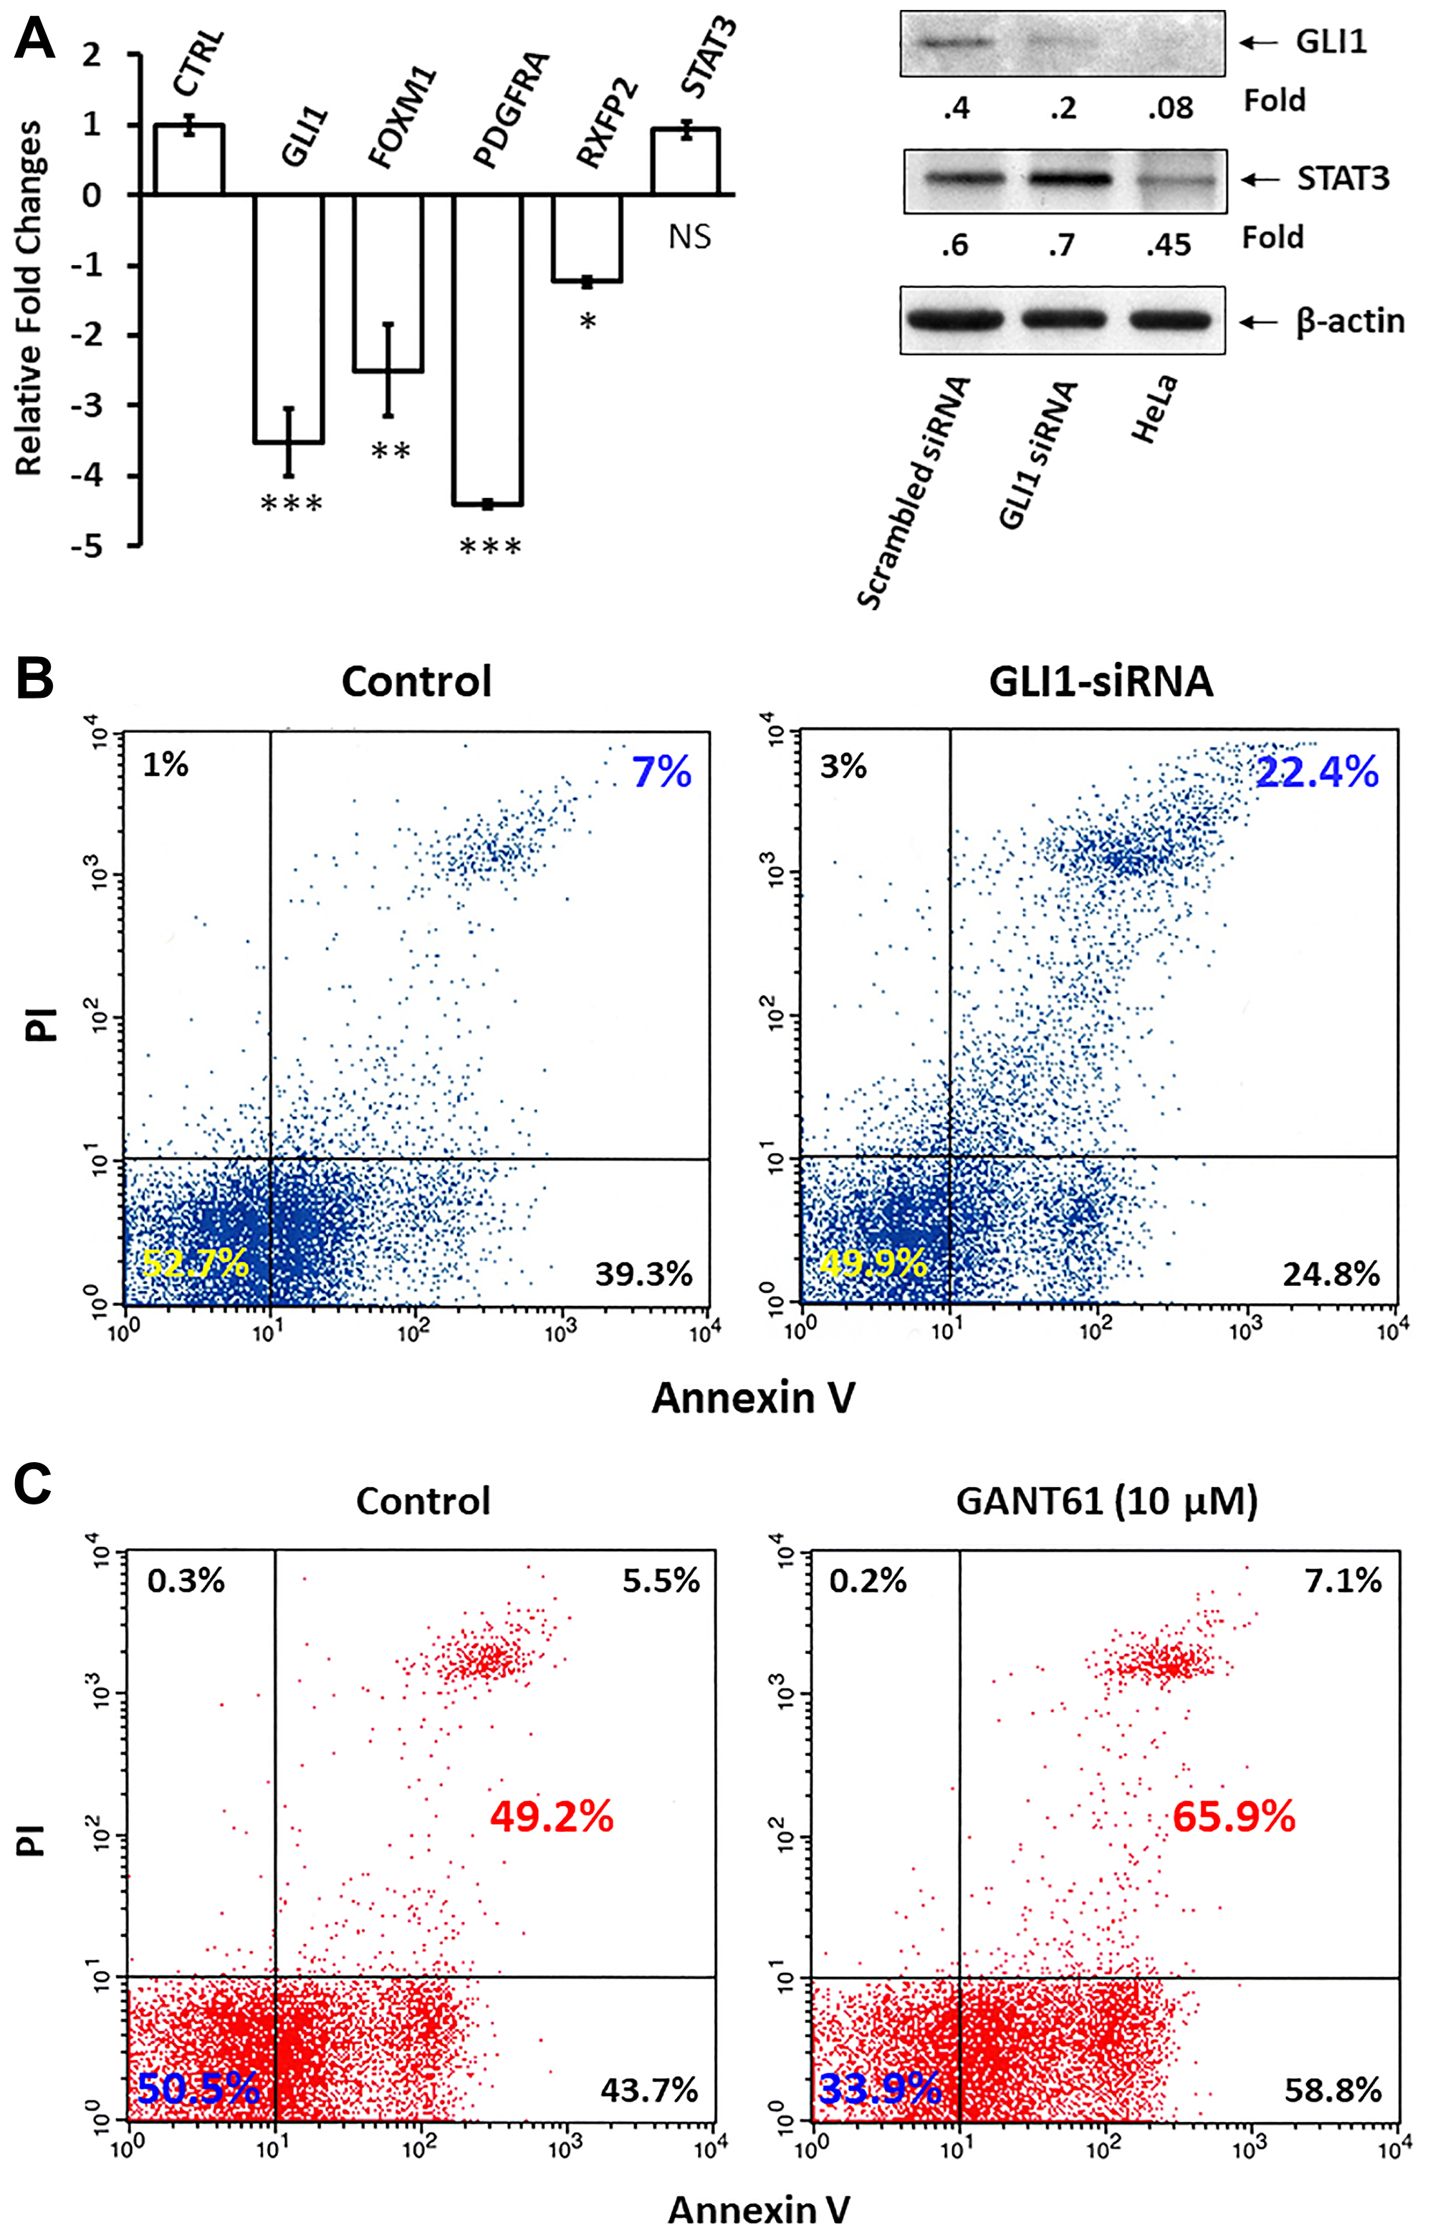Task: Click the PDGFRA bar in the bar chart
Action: (488, 349)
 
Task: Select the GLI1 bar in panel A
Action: (289, 318)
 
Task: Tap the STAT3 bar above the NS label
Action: (686, 161)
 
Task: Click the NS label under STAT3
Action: (689, 237)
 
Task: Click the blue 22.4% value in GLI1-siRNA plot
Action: (1317, 773)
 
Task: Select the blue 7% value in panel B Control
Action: (661, 773)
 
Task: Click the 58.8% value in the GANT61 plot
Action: (1333, 2091)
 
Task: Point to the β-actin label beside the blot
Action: (1349, 321)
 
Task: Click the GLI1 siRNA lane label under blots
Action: (1037, 456)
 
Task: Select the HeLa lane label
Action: (1154, 409)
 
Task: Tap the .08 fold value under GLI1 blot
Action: (1169, 108)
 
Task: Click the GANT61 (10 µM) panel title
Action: (1106, 1502)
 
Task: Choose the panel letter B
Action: (34, 679)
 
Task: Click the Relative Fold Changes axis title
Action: (30, 297)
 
